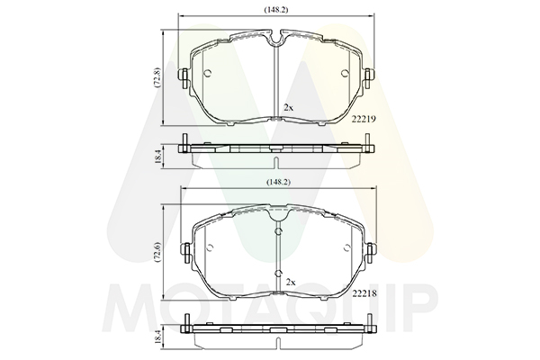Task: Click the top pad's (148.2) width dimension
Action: click(x=276, y=10)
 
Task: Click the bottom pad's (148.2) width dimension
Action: click(x=278, y=182)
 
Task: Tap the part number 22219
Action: click(x=364, y=119)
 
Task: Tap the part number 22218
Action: click(x=364, y=294)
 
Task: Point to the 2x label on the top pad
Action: click(x=288, y=108)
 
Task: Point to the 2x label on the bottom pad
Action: click(x=291, y=283)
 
